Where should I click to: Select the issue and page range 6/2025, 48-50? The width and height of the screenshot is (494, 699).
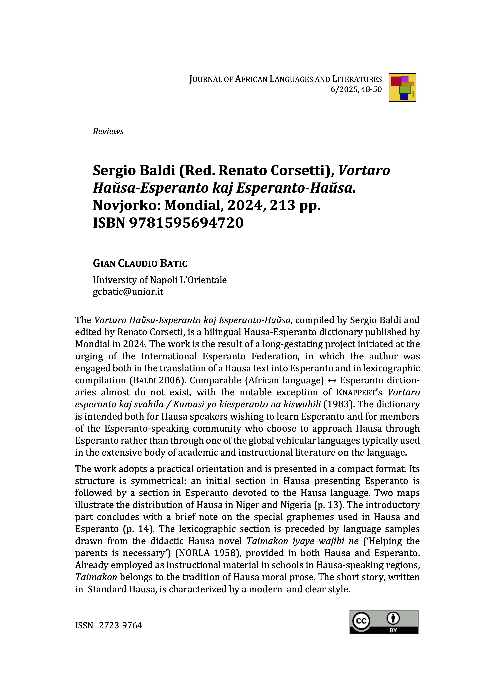tap(356, 89)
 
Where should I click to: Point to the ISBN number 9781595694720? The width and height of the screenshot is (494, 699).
tap(186, 223)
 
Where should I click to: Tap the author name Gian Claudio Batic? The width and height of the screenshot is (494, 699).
tap(140, 263)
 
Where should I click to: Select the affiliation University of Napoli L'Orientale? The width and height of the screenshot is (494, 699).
tap(160, 280)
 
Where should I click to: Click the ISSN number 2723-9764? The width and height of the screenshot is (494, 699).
tap(121, 625)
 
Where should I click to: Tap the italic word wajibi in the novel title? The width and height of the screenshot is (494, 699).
tap(336, 541)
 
